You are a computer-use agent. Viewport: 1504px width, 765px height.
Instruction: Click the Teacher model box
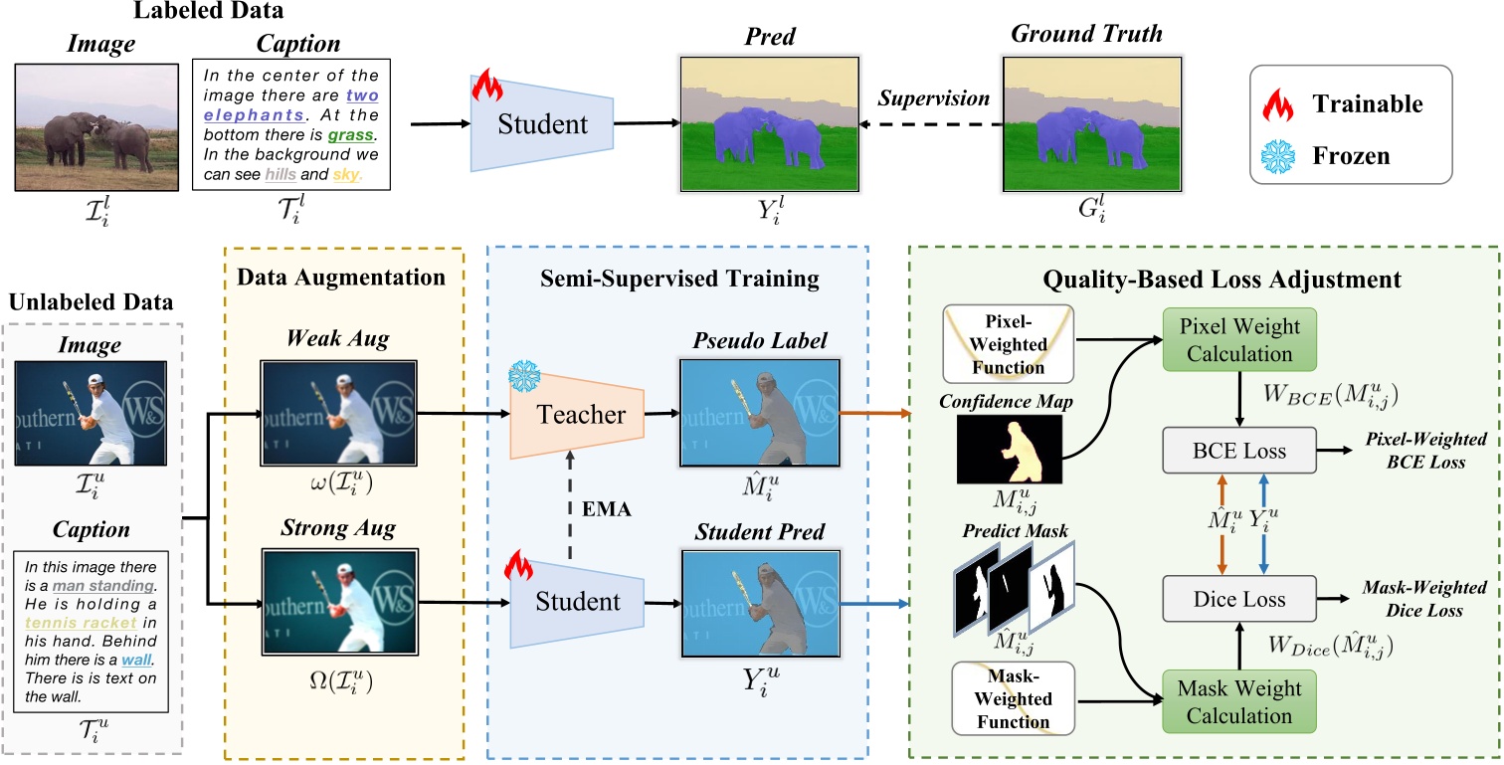(x=577, y=415)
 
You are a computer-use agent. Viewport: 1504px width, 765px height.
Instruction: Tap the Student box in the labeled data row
(x=542, y=124)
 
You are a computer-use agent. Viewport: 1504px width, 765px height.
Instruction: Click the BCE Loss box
(x=1238, y=451)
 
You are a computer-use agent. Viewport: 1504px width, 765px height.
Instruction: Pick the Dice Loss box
(x=1238, y=599)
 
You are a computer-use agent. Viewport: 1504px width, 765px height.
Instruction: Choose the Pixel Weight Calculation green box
(x=1238, y=340)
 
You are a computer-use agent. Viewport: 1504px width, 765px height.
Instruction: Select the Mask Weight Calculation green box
(x=1238, y=701)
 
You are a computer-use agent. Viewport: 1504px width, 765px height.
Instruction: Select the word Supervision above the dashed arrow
(x=933, y=99)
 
